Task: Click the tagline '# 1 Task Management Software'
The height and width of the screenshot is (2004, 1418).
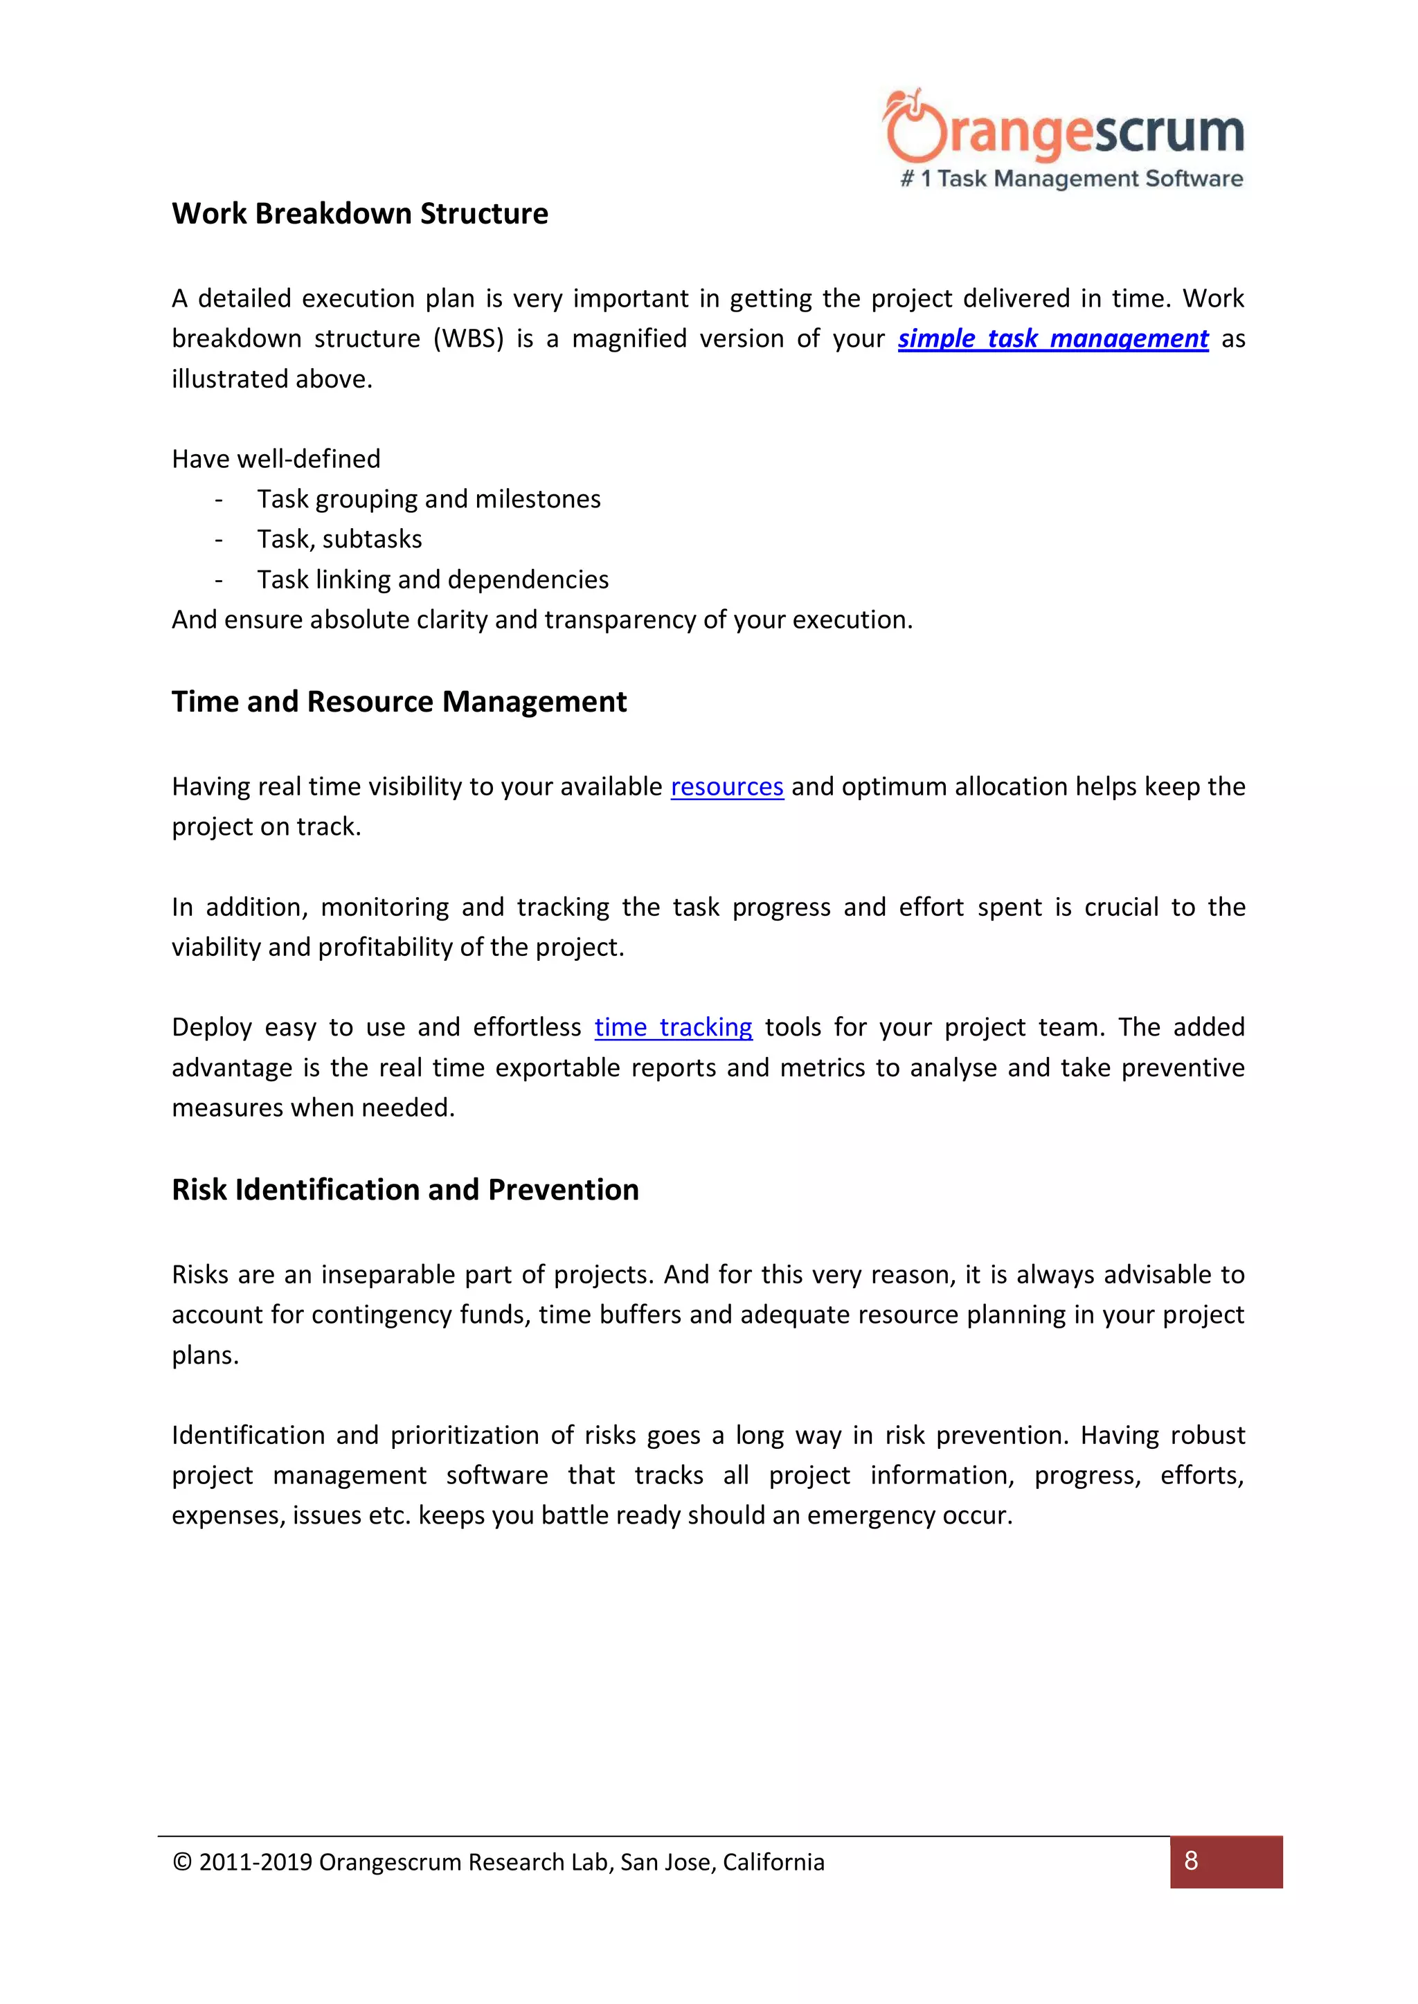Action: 1071,179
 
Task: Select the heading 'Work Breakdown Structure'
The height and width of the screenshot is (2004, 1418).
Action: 360,214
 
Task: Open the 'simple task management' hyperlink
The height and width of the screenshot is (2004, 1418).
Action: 1053,338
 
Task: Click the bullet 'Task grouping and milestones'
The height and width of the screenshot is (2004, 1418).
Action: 429,499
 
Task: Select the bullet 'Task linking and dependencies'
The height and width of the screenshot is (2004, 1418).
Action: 432,579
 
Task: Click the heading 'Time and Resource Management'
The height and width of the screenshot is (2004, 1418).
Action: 399,702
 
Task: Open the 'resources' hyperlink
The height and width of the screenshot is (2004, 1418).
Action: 726,787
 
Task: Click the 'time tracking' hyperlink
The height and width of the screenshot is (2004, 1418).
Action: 673,1027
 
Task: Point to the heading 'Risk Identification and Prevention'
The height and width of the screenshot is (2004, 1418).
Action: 405,1190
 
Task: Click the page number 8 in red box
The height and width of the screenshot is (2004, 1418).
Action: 1191,1861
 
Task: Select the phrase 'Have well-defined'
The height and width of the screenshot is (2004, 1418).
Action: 276,459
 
